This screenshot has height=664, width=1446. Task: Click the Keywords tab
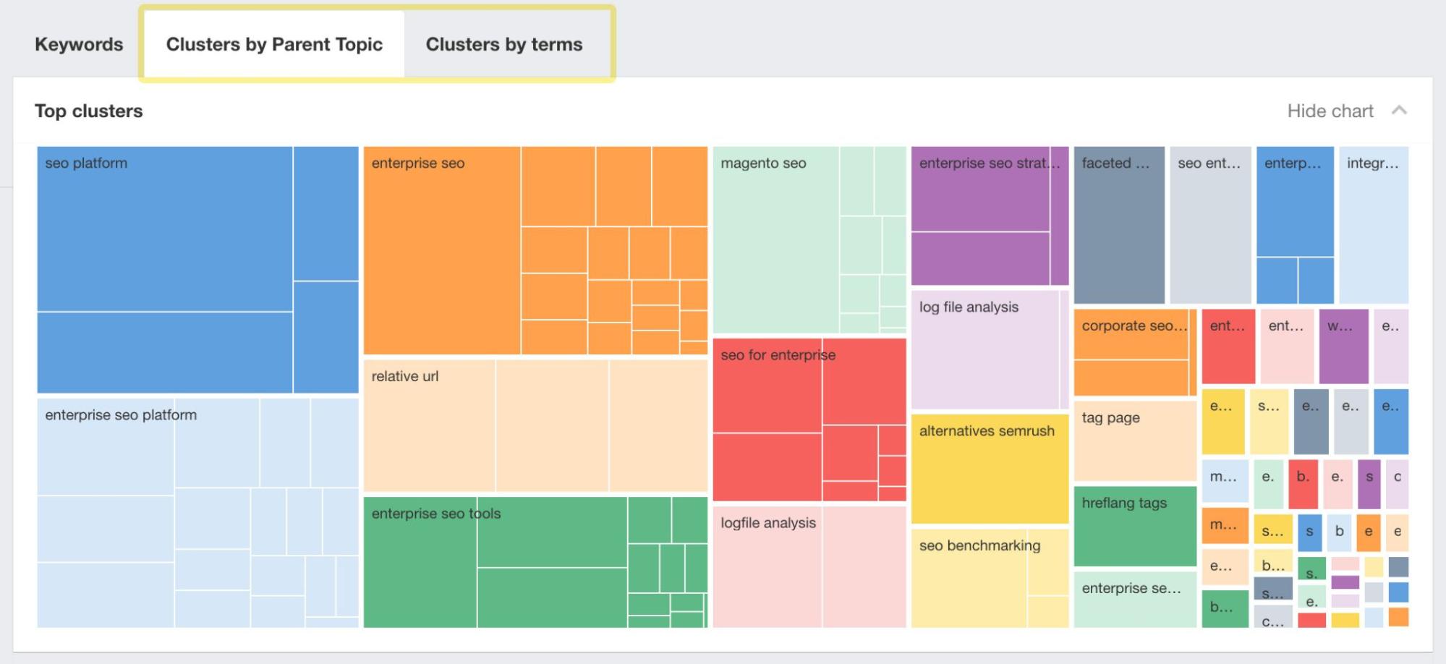[x=79, y=44]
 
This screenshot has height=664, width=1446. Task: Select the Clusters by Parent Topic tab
[x=274, y=44]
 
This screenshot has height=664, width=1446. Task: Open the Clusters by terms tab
[x=503, y=44]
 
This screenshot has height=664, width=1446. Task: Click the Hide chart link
[x=1330, y=111]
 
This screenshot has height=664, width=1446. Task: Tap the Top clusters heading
[x=89, y=111]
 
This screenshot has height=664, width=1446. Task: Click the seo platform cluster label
[x=86, y=163]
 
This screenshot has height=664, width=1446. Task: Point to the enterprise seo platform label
[x=121, y=415]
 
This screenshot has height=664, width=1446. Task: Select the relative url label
[x=405, y=376]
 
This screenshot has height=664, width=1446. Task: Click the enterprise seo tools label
[x=436, y=514]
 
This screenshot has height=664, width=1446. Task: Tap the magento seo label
[x=763, y=163]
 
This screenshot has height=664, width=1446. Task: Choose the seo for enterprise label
[x=778, y=355]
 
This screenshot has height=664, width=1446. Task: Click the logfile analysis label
[x=768, y=523]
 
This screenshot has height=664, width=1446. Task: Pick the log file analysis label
[x=969, y=307]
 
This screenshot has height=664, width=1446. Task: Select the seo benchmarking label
[x=979, y=545]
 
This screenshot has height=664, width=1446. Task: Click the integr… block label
[x=1372, y=163]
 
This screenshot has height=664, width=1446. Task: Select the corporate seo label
[x=1134, y=326]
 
